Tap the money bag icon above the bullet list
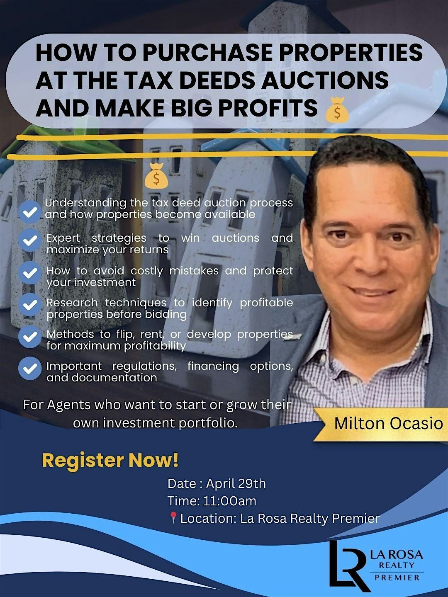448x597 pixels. [156, 175]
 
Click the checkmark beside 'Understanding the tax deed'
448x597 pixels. [30, 212]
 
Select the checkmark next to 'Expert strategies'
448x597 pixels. [30, 240]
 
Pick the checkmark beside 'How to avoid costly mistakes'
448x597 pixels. [30, 273]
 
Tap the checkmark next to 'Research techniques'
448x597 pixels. [30, 305]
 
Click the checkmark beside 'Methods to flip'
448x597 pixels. [30, 337]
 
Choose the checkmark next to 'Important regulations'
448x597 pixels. [30, 368]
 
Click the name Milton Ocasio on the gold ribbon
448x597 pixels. [388, 423]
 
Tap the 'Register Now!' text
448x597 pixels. [110, 460]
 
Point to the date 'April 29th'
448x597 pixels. [236, 484]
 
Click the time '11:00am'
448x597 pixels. [230, 501]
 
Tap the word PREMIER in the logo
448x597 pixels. [397, 577]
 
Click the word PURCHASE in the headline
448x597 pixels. [207, 53]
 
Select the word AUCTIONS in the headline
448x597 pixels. [325, 80]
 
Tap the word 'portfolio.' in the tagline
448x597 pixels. [208, 423]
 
